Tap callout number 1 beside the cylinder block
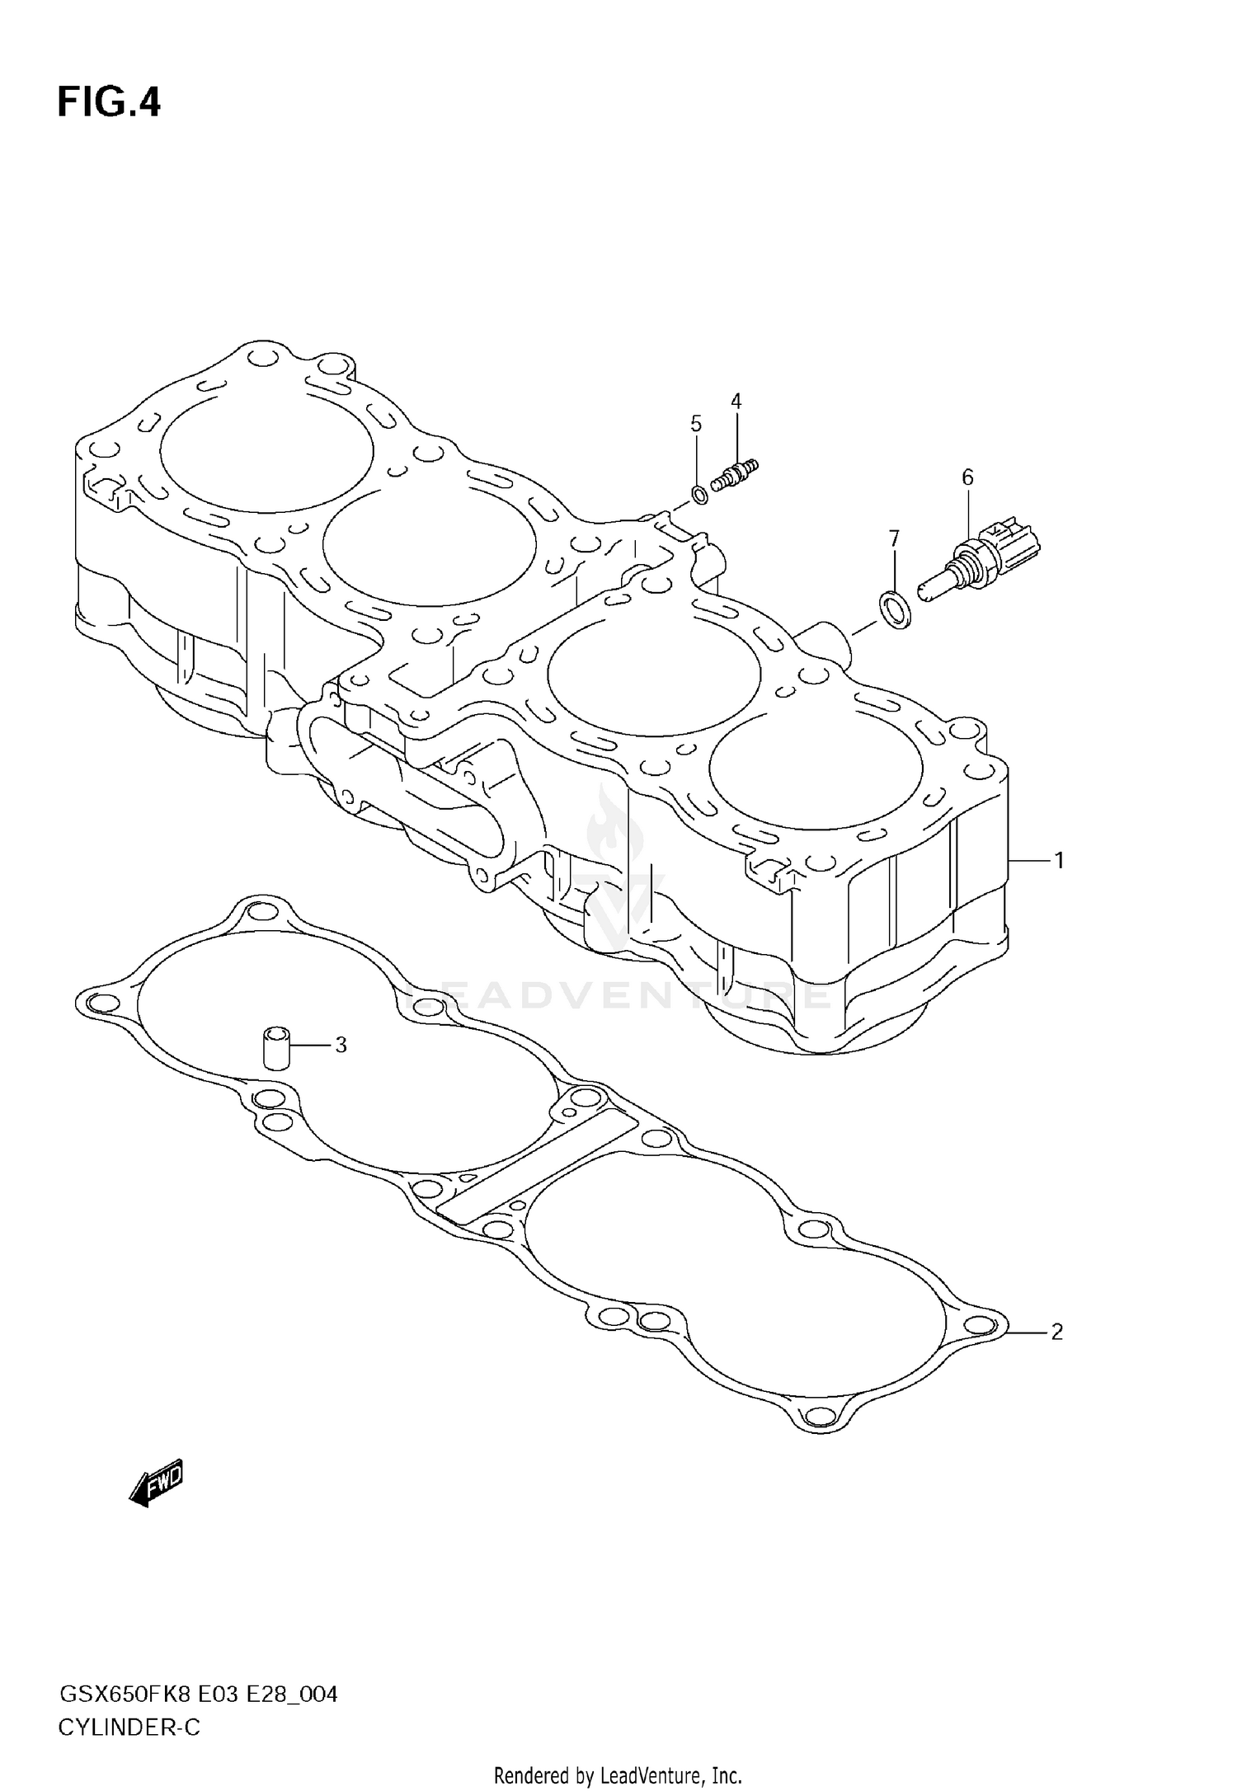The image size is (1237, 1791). click(x=1059, y=861)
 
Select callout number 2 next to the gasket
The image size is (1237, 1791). click(x=1056, y=1332)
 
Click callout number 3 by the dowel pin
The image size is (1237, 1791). click(x=341, y=1045)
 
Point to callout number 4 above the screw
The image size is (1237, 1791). click(x=736, y=402)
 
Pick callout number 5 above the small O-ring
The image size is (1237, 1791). click(x=696, y=424)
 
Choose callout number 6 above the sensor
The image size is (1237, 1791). click(x=967, y=477)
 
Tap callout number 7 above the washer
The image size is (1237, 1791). click(x=894, y=538)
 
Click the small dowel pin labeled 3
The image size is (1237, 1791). click(x=276, y=1047)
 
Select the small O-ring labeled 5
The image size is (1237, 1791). click(x=698, y=496)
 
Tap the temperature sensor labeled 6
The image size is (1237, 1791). click(x=981, y=561)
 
